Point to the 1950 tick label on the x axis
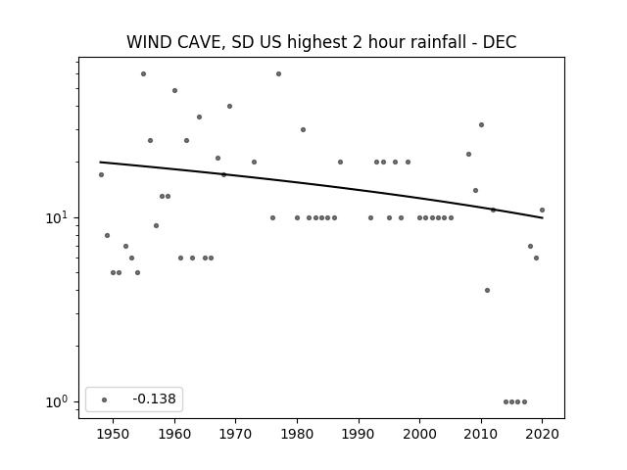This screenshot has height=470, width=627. [114, 434]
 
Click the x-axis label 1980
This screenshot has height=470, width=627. [297, 434]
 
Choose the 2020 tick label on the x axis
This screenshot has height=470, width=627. [542, 434]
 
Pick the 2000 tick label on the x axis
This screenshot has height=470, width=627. [420, 434]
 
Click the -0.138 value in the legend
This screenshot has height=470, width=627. [155, 399]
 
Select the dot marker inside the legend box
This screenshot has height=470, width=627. [104, 399]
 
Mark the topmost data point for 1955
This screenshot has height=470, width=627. [144, 74]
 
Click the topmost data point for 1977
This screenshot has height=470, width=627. [278, 74]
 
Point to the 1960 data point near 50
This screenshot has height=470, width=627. [174, 91]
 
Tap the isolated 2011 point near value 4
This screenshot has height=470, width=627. [487, 290]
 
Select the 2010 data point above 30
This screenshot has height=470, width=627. [481, 124]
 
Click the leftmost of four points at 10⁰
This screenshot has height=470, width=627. [506, 402]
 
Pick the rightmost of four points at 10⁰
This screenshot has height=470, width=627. [525, 402]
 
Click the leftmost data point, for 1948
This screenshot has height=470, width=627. [101, 174]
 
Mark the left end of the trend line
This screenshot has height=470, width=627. [100, 162]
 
